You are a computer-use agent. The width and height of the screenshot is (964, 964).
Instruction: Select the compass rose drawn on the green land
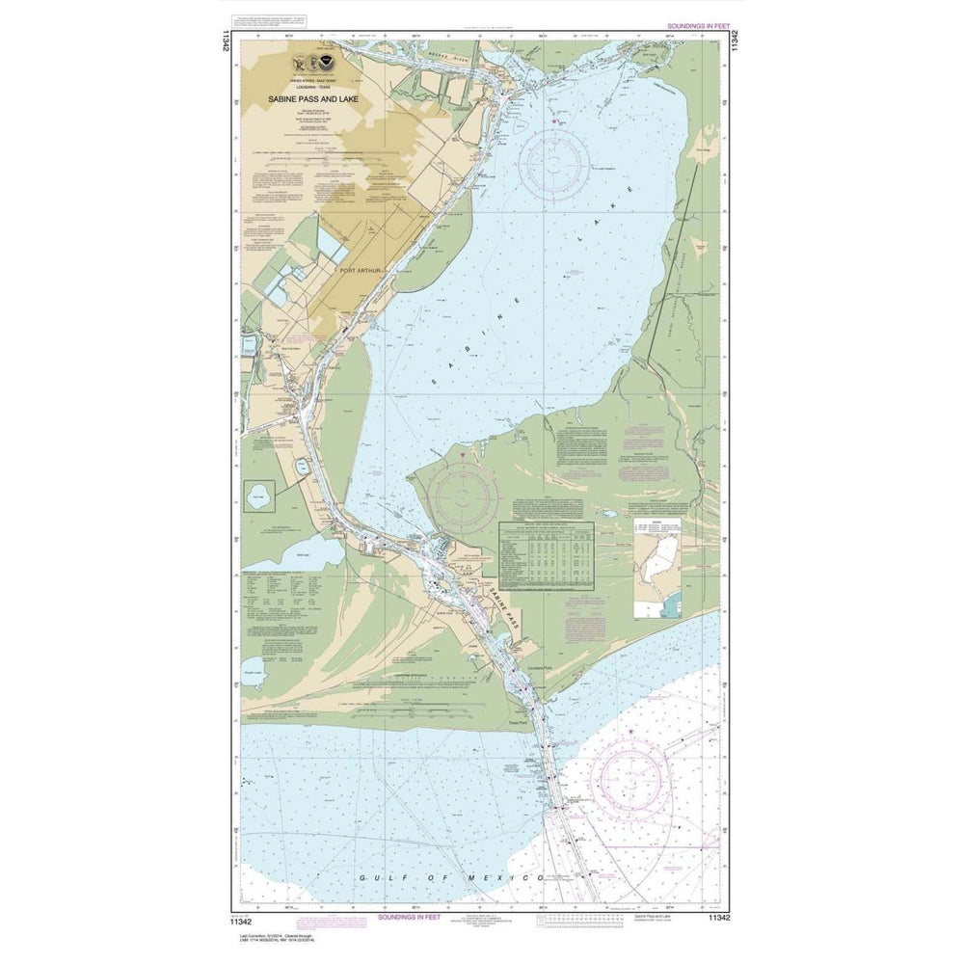(x=463, y=498)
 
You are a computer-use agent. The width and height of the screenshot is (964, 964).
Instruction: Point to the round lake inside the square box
(x=257, y=498)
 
